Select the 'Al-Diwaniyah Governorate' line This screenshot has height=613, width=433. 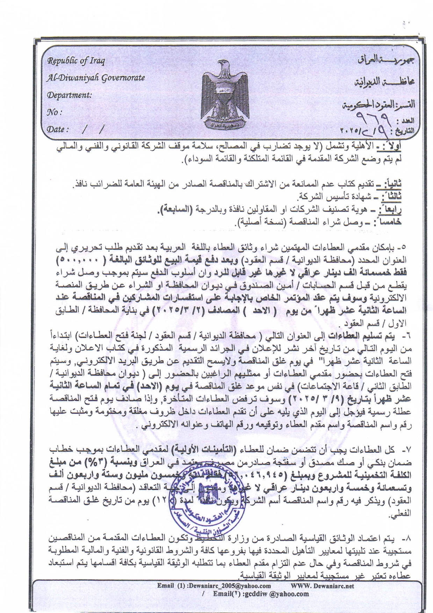(96, 78)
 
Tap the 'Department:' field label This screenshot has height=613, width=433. (70, 95)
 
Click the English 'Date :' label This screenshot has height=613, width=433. (58, 129)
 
